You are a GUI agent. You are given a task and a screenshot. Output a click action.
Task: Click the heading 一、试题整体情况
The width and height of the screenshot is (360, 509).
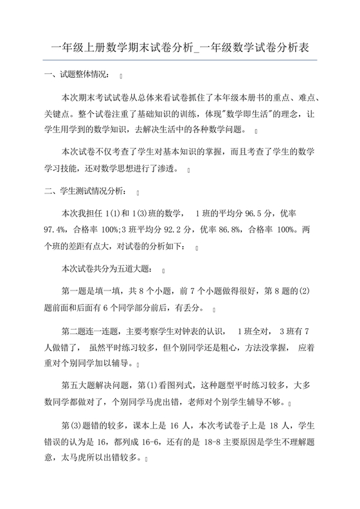77,76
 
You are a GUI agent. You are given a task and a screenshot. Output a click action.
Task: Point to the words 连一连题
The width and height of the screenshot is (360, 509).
96,332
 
